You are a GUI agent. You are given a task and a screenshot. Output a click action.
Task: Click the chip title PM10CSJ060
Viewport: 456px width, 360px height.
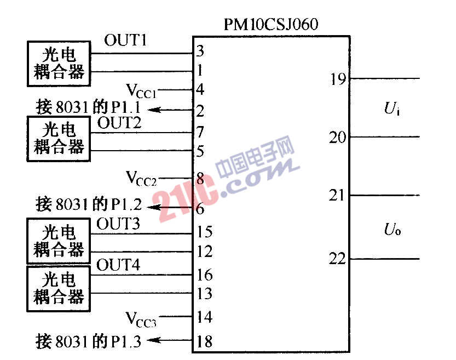(271, 24)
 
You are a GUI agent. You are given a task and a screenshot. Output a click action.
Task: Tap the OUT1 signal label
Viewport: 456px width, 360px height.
(125, 40)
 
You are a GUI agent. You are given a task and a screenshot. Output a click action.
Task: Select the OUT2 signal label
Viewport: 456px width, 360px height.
(119, 123)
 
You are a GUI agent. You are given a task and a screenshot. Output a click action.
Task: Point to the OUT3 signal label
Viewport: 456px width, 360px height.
(118, 224)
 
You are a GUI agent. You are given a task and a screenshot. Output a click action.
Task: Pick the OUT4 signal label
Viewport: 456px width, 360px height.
(118, 265)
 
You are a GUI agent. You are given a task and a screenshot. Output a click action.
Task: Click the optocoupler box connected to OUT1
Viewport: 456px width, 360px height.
(59, 64)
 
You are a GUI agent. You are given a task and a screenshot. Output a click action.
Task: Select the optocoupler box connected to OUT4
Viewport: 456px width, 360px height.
(59, 289)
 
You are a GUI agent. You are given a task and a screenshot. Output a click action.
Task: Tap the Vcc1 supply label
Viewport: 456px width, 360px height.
(141, 91)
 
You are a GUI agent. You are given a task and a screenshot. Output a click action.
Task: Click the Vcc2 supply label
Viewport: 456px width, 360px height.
(141, 178)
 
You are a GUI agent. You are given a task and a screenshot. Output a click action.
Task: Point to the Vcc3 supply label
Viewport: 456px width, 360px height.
(141, 319)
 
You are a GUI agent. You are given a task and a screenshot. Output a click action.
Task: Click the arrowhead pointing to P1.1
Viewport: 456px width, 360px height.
(154, 110)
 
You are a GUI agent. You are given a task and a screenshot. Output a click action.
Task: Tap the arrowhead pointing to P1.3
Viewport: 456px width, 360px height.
(153, 340)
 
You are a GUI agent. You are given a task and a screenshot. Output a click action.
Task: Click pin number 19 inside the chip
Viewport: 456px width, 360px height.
(338, 79)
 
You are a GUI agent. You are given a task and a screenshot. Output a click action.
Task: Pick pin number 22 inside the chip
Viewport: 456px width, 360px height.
(337, 259)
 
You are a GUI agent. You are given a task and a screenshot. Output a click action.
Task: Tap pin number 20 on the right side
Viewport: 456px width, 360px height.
(338, 137)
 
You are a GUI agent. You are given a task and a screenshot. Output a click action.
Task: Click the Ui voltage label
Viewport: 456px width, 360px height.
(392, 108)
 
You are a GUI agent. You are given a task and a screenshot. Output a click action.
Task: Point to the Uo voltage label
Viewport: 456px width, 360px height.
(392, 229)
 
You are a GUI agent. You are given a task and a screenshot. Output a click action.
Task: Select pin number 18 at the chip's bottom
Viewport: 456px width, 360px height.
(204, 341)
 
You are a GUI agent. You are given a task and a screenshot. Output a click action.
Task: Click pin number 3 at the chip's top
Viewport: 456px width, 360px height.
(200, 51)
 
